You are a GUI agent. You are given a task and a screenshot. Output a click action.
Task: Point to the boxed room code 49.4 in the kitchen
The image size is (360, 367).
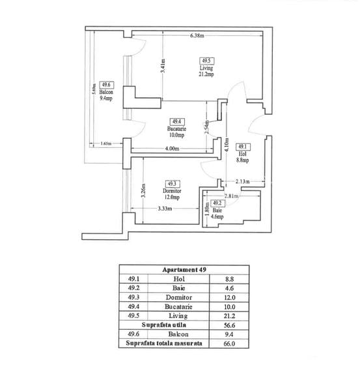(176, 121)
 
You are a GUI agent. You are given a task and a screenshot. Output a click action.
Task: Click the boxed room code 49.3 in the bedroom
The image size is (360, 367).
(173, 183)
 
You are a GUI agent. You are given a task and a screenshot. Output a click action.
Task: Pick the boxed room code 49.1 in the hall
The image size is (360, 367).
(242, 147)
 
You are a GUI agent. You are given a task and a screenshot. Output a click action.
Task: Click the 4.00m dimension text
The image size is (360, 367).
(172, 149)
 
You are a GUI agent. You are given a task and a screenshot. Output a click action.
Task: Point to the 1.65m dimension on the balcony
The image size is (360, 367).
(107, 144)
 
